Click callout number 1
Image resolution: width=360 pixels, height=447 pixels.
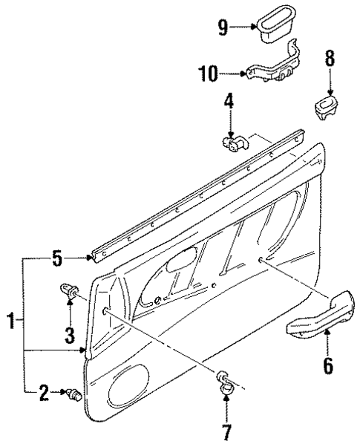tap(10, 322)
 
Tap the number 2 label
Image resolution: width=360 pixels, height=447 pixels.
tap(44, 391)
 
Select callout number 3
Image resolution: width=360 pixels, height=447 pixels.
tap(68, 335)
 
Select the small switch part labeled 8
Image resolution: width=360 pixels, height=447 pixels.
tap(327, 107)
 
